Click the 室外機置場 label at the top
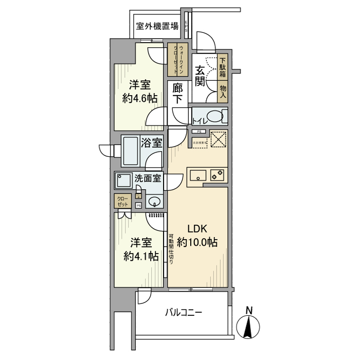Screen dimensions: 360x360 [x=157, y=26]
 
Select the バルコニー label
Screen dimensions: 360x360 [x=184, y=312]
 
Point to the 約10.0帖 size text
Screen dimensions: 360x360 [x=197, y=242]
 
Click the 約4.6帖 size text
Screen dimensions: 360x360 [x=140, y=98]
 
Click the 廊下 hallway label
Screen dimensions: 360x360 [x=177, y=94]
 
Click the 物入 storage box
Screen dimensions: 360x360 [x=223, y=92]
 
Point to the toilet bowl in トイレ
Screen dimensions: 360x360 [x=217, y=116]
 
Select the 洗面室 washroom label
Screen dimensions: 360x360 [x=148, y=179]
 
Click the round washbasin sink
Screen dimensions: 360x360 [x=154, y=200]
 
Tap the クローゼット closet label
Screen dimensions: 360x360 [x=123, y=201]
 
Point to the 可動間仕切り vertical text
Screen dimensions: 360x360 [x=171, y=249]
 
